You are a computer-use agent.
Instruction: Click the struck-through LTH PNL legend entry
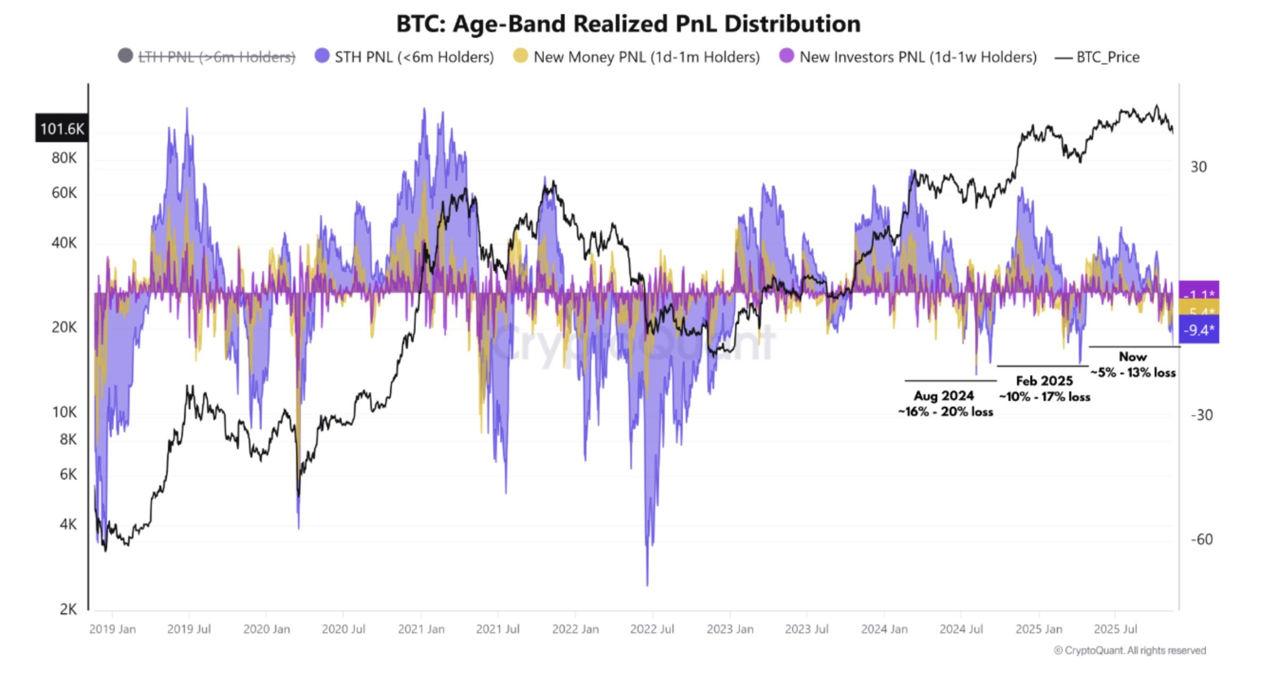tap(216, 57)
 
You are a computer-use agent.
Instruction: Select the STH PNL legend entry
tap(413, 57)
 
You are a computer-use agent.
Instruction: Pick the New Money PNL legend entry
tap(646, 57)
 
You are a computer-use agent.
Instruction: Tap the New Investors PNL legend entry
tap(917, 57)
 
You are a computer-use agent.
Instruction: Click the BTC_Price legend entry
tap(1107, 57)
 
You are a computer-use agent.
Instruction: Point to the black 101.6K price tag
tap(62, 128)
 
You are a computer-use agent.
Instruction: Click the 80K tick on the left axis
tap(64, 158)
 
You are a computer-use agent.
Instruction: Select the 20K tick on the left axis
tap(64, 327)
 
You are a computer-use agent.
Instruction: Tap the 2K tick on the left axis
tap(68, 609)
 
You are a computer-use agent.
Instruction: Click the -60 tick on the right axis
tap(1201, 539)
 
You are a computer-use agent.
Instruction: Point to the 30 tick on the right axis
tap(1198, 167)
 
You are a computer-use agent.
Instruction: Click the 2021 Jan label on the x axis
tap(421, 629)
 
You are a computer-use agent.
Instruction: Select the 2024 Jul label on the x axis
tap(961, 629)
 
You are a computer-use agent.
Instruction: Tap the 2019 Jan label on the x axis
tap(112, 629)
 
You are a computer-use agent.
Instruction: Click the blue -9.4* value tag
tap(1198, 330)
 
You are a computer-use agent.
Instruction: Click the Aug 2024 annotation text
tap(943, 396)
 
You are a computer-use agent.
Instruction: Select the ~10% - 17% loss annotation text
tap(1044, 397)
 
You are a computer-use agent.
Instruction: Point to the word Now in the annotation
tap(1132, 357)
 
